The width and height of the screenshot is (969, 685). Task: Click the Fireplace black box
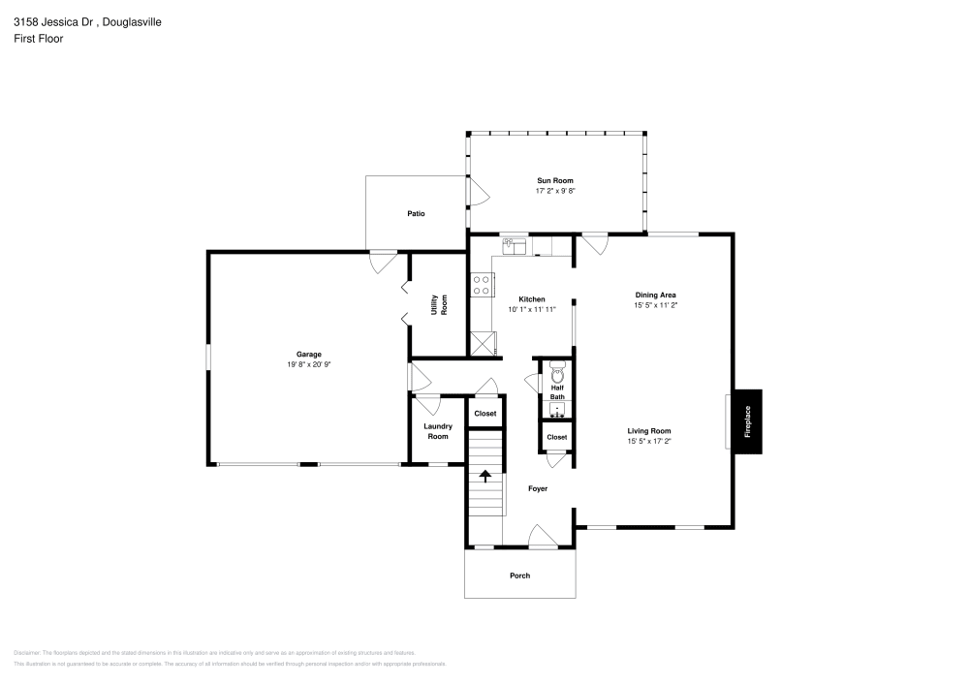tap(746, 421)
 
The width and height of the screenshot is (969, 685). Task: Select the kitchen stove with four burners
tap(480, 285)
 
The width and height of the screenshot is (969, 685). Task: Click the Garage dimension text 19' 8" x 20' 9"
tap(309, 365)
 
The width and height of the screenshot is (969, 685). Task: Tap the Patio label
tap(416, 213)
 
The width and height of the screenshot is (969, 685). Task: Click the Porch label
tap(520, 576)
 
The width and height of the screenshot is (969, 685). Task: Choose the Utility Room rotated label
tap(439, 304)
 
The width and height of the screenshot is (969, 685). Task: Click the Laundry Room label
tap(438, 431)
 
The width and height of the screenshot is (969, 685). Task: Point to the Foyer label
tap(538, 488)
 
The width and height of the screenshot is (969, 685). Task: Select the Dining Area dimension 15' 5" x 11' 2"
tap(655, 305)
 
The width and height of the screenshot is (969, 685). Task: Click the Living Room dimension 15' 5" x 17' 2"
tap(649, 442)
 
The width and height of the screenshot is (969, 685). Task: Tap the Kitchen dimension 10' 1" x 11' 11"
tap(531, 310)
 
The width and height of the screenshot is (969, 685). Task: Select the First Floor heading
tap(38, 39)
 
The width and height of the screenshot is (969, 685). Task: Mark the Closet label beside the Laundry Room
tap(484, 414)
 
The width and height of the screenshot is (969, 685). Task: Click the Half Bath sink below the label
tap(556, 409)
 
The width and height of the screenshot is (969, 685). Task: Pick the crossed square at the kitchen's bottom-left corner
tap(481, 343)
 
